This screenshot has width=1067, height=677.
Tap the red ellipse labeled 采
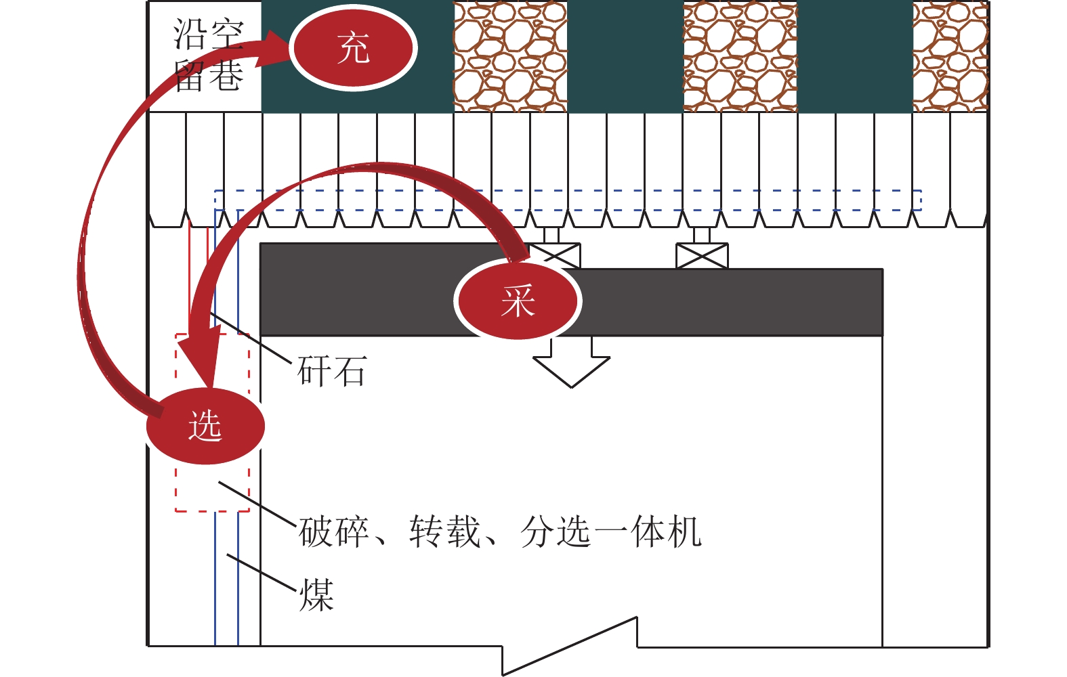[x=518, y=301]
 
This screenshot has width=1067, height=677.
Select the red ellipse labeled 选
[x=205, y=426]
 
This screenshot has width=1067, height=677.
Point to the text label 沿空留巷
[x=208, y=55]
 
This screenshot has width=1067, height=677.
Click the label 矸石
[x=332, y=371]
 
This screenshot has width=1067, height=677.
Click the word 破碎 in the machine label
[x=334, y=531]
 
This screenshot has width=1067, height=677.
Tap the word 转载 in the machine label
[x=444, y=531]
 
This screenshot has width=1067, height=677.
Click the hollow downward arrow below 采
[x=572, y=362]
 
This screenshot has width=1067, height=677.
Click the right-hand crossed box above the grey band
[x=702, y=256]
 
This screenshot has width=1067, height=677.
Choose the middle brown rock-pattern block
[x=740, y=56]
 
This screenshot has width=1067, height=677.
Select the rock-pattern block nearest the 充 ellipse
[x=509, y=56]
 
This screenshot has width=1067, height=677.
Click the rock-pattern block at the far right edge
[x=950, y=56]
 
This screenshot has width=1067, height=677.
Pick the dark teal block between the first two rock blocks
[x=625, y=56]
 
